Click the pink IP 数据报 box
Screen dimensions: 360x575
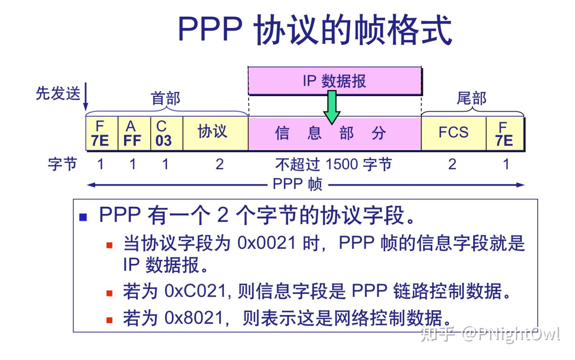[335, 80]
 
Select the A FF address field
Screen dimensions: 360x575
[132, 133]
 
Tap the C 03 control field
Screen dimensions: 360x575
[164, 133]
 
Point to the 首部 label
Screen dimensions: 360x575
[165, 98]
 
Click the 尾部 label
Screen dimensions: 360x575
[472, 98]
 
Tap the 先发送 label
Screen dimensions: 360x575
[58, 93]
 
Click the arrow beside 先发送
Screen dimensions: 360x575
[86, 97]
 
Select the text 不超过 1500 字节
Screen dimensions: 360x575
[333, 165]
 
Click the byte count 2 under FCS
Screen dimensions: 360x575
[452, 164]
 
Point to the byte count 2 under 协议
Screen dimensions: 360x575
[219, 164]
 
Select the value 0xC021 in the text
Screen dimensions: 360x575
[195, 291]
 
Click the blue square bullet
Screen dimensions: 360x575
[84, 217]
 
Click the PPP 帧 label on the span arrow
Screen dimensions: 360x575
[297, 184]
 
